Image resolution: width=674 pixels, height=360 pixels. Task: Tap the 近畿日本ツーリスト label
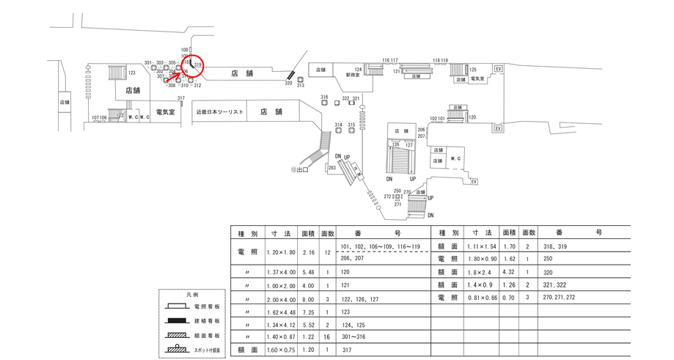219,112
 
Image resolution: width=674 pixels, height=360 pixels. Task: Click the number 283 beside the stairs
331,168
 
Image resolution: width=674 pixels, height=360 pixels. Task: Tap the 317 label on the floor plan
180,98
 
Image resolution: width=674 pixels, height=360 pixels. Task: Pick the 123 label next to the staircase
132,73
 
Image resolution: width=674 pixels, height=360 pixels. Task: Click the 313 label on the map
300,86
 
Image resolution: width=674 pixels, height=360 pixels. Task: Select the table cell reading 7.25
308,311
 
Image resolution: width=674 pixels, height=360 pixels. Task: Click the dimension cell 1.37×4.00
280,271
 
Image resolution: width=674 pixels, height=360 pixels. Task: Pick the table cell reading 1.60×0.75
280,350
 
